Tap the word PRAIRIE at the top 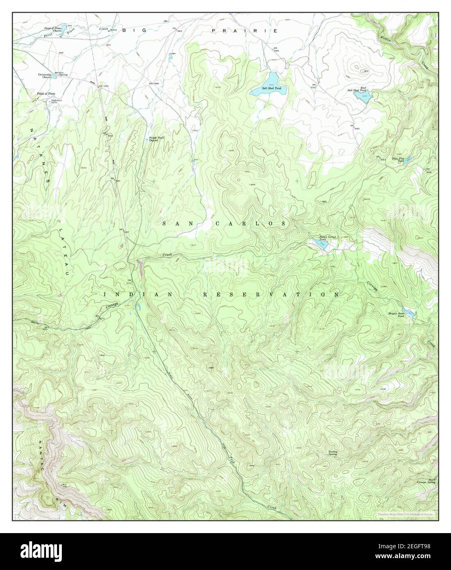[x=245, y=31]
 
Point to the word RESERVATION [x=271, y=294]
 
